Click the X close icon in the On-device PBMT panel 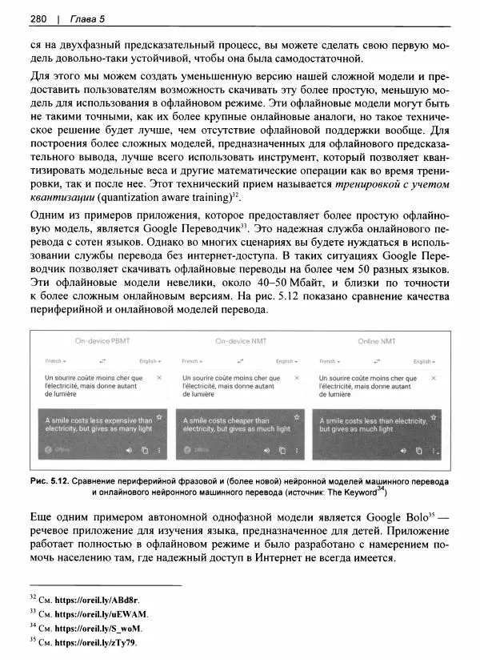tap(159, 377)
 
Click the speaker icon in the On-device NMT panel tap(266, 450)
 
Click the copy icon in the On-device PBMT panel tap(145, 450)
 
